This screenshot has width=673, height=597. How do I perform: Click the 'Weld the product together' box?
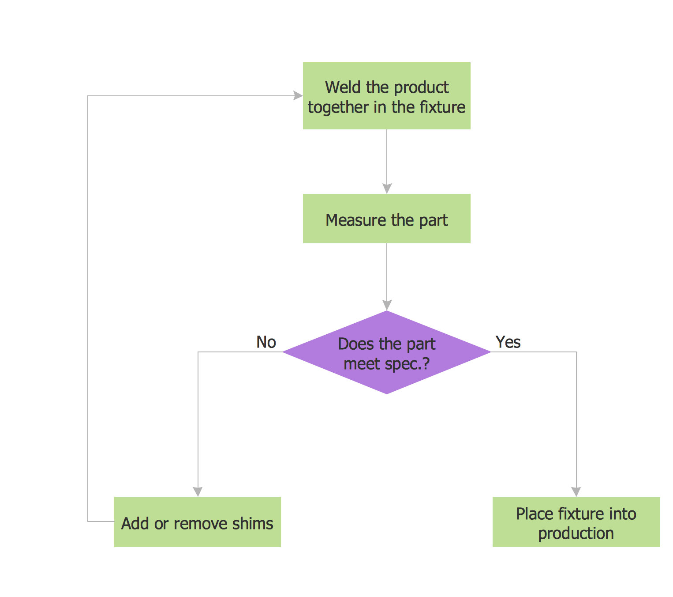[386, 96]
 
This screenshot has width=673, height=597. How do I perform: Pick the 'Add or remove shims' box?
[197, 522]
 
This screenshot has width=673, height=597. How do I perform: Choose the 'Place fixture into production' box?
[576, 522]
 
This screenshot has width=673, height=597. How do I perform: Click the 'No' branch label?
[266, 342]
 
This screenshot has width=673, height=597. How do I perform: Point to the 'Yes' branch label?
[508, 342]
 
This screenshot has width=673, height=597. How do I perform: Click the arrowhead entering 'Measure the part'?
[387, 189]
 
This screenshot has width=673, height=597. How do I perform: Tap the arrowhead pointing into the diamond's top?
[387, 305]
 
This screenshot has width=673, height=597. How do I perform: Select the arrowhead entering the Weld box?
[298, 95]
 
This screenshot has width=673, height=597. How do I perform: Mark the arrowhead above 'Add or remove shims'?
[198, 491]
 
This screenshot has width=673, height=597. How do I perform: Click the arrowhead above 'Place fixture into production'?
[576, 491]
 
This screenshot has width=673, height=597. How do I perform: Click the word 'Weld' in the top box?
[343, 87]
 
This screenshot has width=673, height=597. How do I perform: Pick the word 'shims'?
[255, 524]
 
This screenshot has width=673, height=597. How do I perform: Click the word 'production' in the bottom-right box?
[576, 533]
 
